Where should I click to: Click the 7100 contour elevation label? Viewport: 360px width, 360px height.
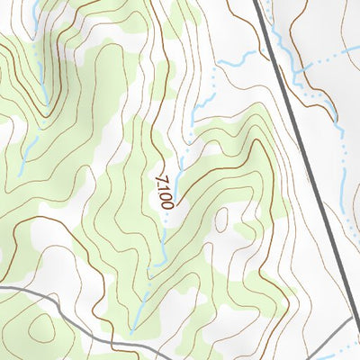[164, 190]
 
